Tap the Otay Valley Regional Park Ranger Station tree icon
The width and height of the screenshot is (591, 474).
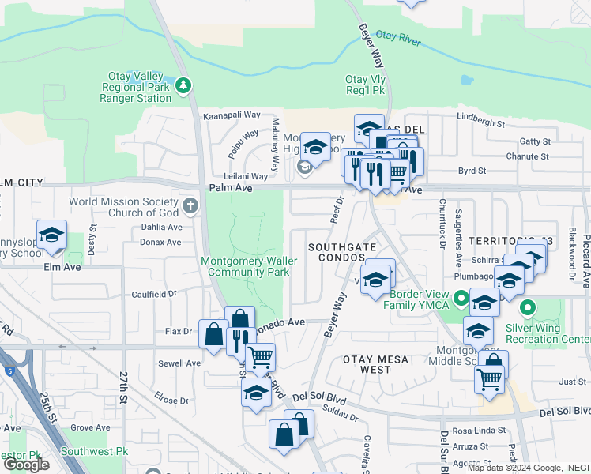(184, 84)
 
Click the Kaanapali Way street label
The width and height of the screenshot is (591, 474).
(232, 115)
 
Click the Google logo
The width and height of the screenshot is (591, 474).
(27, 465)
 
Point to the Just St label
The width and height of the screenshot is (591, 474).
(571, 382)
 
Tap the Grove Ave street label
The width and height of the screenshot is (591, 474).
(89, 427)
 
